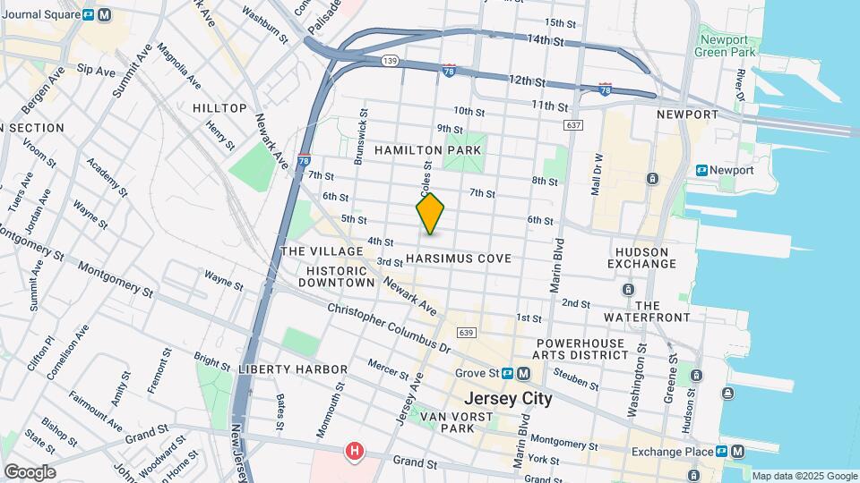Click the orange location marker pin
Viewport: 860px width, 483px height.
430,214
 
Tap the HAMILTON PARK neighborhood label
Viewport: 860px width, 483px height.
428,149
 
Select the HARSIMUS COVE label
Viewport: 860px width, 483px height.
458,258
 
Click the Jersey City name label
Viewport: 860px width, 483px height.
507,399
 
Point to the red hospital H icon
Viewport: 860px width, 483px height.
356,452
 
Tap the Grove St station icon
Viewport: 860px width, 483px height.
507,373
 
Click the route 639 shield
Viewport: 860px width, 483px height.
464,334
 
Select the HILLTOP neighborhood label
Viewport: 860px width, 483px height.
219,108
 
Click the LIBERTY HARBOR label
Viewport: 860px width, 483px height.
292,369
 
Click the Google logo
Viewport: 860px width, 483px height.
30,472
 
